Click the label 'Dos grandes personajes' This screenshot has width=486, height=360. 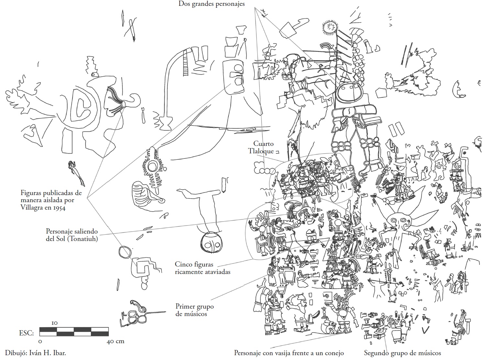pyautogui.click(x=211, y=4)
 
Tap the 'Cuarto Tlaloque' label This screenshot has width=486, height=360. pyautogui.click(x=261, y=147)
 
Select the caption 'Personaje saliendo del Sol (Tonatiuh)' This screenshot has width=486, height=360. pyautogui.click(x=72, y=235)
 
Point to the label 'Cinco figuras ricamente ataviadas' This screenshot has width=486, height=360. pyautogui.click(x=203, y=268)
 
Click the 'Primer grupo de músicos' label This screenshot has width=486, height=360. pyautogui.click(x=194, y=310)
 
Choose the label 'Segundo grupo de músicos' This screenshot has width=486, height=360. pyautogui.click(x=403, y=353)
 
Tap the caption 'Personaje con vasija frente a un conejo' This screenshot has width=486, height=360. pyautogui.click(x=289, y=353)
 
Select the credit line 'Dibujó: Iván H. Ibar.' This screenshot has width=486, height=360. pyautogui.click(x=35, y=353)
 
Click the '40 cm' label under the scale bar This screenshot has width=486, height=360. pyautogui.click(x=116, y=341)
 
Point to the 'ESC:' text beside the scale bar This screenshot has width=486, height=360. pyautogui.click(x=26, y=333)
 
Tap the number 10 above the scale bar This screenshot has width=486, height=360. pyautogui.click(x=55, y=323)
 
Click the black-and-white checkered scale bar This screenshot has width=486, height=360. pyautogui.click(x=74, y=332)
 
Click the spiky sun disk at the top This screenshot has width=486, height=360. pyautogui.click(x=329, y=27)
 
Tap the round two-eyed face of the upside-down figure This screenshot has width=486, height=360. pyautogui.click(x=211, y=243)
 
